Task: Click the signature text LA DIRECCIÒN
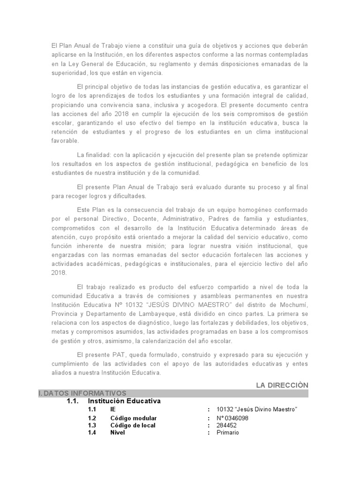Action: pyautogui.click(x=282, y=385)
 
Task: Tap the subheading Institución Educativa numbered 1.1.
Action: pyautogui.click(x=124, y=401)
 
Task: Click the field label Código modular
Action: pyautogui.click(x=133, y=418)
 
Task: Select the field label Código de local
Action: pyautogui.click(x=133, y=425)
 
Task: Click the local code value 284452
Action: pyautogui.click(x=227, y=425)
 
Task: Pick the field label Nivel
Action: pyautogui.click(x=118, y=432)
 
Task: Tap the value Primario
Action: pyautogui.click(x=227, y=432)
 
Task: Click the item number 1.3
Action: pyautogui.click(x=91, y=425)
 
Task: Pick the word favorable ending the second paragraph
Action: pyautogui.click(x=65, y=140)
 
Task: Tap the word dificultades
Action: pyautogui.click(x=127, y=195)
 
